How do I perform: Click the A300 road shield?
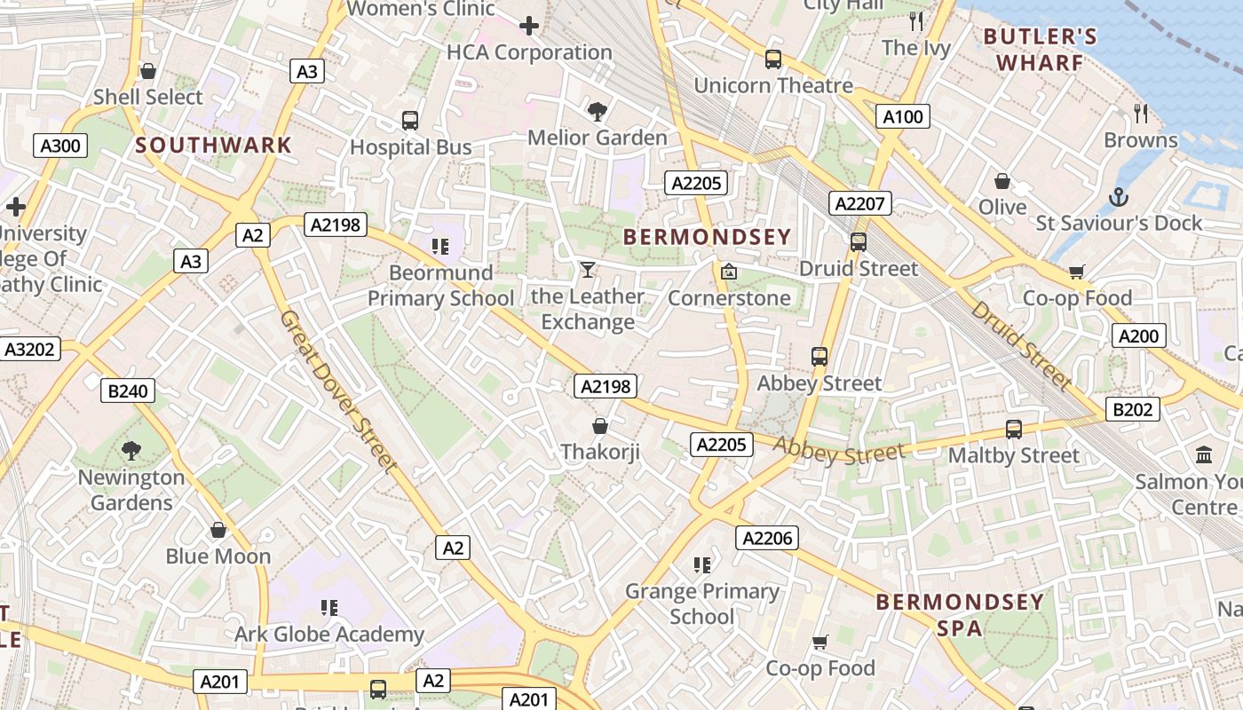pos(61,146)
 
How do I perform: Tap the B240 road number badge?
pos(128,390)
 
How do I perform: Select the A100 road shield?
pos(903,116)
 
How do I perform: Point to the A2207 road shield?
pos(859,203)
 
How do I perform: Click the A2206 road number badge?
pos(767,537)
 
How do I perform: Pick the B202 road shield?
pos(1133,409)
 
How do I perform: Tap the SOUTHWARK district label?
pos(213,146)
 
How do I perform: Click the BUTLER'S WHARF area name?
pos(1041,50)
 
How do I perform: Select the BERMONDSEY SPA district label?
pos(959,615)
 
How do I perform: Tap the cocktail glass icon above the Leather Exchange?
pos(587,269)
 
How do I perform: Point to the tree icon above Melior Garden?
pos(598,111)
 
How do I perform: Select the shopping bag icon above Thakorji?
pos(600,426)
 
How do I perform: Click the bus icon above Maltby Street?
pos(1014,430)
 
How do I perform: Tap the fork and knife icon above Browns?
pos(1141,113)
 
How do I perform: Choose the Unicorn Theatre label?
pos(772,85)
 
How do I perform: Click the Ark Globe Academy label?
pos(329,634)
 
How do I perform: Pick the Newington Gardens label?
pos(131,490)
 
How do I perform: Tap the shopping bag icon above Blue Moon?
pos(218,531)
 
